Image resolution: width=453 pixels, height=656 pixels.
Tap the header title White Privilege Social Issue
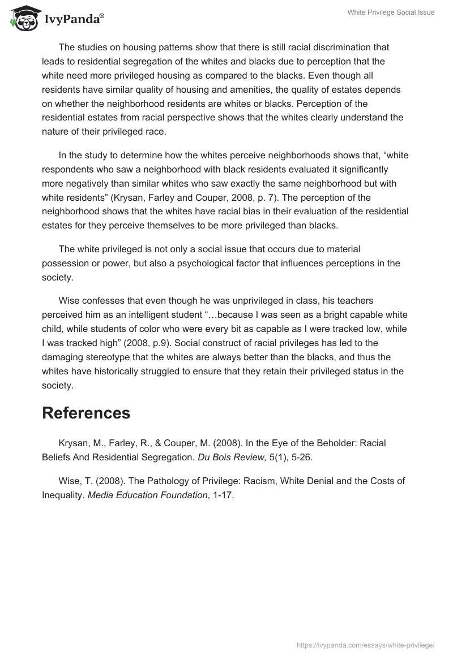pos(391,12)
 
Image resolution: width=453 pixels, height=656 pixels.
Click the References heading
pos(86,413)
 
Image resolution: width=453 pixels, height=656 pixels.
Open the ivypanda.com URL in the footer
pos(366,645)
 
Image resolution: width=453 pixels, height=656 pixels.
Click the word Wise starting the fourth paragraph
pos(69,300)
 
